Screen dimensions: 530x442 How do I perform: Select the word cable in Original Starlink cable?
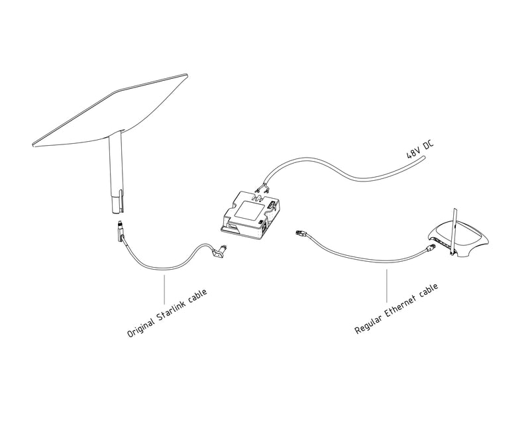198,296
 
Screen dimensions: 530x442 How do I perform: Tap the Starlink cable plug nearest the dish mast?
121,231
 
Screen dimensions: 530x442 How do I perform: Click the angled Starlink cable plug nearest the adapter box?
219,251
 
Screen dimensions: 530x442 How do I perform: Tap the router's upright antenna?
453,232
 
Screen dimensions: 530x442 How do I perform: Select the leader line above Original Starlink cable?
164,290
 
